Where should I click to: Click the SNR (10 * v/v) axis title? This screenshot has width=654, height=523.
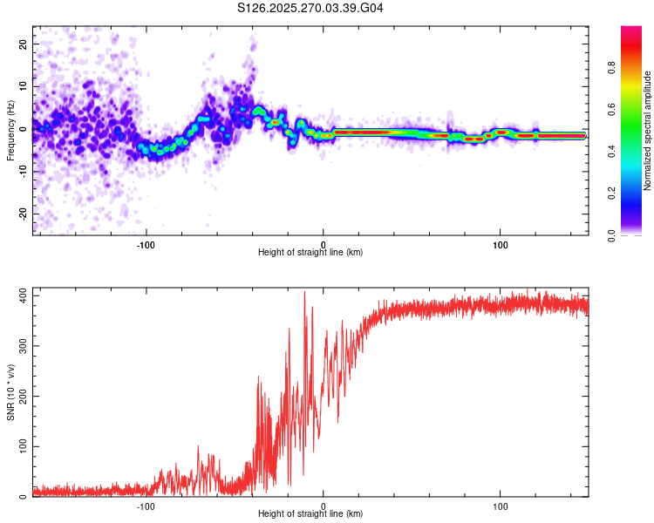(10, 393)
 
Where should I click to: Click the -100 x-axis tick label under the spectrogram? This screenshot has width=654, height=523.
(146, 244)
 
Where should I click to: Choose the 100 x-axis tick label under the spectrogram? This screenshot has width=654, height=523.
(501, 244)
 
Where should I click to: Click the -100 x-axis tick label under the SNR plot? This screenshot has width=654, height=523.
(146, 506)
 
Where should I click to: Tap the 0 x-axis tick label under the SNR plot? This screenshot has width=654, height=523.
(324, 506)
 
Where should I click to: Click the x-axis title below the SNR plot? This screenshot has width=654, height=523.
(310, 515)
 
